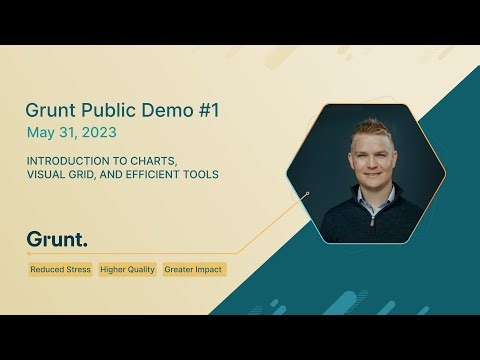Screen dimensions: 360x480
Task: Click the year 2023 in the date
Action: point(97,132)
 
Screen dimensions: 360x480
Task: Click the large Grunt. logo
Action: point(57,240)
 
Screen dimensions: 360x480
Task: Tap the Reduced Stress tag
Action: point(60,270)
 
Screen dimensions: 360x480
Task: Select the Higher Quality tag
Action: point(128,270)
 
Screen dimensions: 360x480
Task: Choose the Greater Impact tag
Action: point(194,270)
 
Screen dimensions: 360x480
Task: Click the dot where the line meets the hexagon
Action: point(308,193)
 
